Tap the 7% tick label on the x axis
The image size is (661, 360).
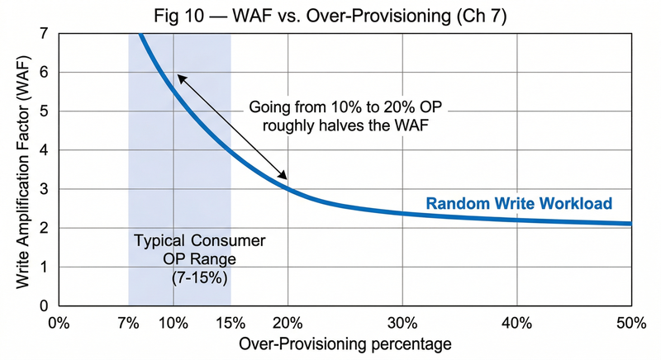128,322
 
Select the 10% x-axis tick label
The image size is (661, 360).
174,322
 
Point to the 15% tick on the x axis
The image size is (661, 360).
231,322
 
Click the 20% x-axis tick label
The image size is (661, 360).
288,322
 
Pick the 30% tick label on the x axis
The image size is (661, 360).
402,322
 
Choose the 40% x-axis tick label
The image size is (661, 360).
517,322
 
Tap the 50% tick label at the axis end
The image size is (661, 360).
630,322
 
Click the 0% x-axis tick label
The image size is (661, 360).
59,322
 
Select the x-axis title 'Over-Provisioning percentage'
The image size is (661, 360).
345,343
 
